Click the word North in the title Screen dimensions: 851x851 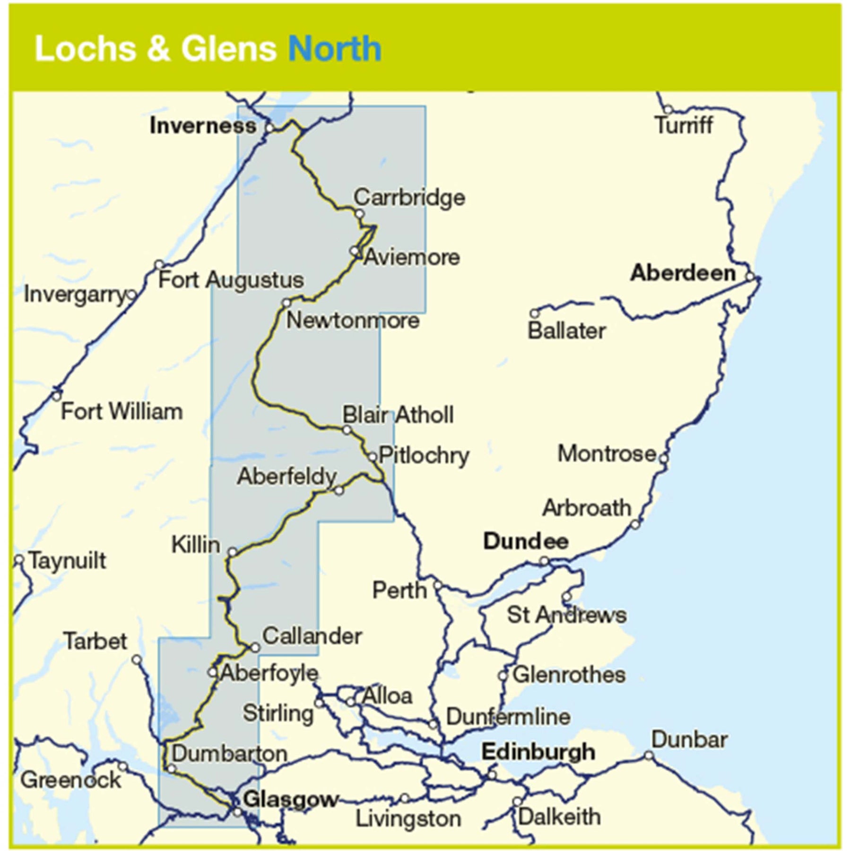pos(335,49)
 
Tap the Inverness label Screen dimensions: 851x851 pos(203,126)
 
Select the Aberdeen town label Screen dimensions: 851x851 pos(683,273)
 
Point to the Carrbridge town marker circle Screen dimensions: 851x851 pos(360,214)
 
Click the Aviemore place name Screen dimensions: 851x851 pos(412,257)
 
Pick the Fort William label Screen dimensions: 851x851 pos(122,411)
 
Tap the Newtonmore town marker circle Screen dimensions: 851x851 pos(286,303)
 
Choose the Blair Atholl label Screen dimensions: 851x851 pos(398,415)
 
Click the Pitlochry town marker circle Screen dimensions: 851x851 pos(373,457)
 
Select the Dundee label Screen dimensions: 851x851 pos(525,541)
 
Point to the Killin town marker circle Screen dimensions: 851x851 pos(233,552)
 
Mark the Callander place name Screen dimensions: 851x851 pos(312,636)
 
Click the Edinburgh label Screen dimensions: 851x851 pos(538,752)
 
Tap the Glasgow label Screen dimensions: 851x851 pos(290,799)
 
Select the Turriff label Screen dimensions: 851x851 pos(684,126)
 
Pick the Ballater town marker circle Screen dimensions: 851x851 pos(534,313)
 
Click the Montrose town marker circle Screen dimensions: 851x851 pos(663,458)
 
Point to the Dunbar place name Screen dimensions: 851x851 pos(689,740)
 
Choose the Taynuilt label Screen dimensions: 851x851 pos(67,561)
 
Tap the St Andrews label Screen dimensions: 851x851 pos(566,615)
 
